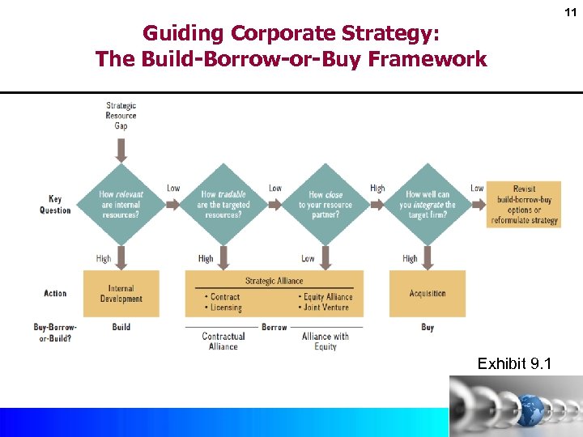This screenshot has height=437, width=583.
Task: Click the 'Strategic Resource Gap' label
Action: click(121, 116)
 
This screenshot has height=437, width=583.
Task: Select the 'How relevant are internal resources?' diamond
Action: click(120, 205)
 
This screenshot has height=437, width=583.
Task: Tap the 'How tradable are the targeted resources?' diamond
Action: click(223, 205)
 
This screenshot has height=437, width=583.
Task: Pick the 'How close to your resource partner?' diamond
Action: click(326, 205)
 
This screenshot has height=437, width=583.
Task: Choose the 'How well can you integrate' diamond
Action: click(427, 205)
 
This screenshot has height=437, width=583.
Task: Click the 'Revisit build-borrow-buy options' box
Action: click(524, 205)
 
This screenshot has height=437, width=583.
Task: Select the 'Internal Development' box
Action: click(121, 294)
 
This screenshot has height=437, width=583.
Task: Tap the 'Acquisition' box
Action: click(428, 294)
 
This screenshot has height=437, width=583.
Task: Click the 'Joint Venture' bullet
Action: click(326, 308)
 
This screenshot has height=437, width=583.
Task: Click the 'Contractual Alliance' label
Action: click(223, 341)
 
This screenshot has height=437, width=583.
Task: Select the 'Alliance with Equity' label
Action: click(325, 341)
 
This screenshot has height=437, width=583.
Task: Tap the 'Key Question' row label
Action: click(55, 205)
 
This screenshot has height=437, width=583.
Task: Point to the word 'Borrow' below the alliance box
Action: click(274, 327)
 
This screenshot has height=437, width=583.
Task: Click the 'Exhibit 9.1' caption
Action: click(514, 364)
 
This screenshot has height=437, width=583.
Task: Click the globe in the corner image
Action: click(531, 409)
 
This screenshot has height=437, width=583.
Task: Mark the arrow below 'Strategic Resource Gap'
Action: click(121, 149)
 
